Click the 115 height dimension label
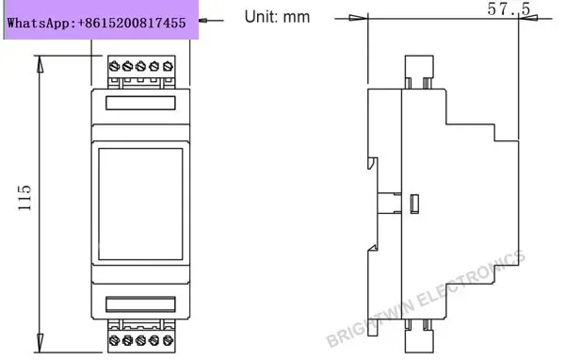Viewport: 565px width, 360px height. point(24,198)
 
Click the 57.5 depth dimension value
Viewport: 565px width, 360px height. point(508,8)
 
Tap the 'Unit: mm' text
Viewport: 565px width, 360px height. point(277,17)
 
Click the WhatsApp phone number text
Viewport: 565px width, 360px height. point(97,23)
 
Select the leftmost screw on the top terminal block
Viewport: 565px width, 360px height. point(114,66)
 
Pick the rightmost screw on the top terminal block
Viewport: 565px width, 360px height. point(168,66)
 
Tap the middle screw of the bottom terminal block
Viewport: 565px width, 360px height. point(141,340)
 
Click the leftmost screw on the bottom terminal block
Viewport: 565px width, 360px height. point(114,340)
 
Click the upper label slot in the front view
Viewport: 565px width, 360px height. point(140,103)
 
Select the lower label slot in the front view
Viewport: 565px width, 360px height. point(140,304)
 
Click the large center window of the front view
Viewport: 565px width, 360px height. point(140,204)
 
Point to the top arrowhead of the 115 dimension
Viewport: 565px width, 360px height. point(40,64)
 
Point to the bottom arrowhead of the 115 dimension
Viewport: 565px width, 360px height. point(40,343)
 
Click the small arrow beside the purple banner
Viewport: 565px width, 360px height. point(211,21)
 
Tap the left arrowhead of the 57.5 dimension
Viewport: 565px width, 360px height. point(359,18)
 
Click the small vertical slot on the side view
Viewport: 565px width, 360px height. point(414,204)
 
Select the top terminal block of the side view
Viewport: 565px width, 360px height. point(419,72)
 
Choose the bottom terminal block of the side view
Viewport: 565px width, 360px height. point(419,335)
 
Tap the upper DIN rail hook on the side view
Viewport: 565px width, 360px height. point(372,163)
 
